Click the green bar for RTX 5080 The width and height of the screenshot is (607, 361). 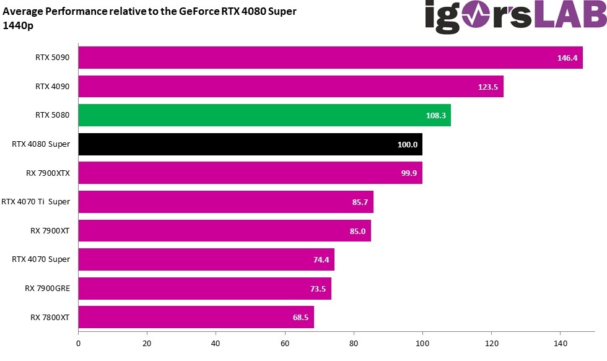pyautogui.click(x=264, y=115)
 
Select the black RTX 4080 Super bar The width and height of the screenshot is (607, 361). pyautogui.click(x=250, y=144)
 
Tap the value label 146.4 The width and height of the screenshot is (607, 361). pyautogui.click(x=567, y=58)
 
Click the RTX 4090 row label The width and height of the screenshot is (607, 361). pyautogui.click(x=52, y=87)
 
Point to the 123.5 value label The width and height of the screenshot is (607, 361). pyautogui.click(x=488, y=87)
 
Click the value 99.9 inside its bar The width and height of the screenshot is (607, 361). pyautogui.click(x=409, y=173)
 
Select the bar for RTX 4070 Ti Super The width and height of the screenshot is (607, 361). pyautogui.click(x=225, y=202)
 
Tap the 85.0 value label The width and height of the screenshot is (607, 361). pyautogui.click(x=357, y=231)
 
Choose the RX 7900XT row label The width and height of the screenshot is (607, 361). pyautogui.click(x=50, y=230)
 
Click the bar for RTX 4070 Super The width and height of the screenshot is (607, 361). pyautogui.click(x=206, y=259)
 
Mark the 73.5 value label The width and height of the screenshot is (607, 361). pyautogui.click(x=318, y=289)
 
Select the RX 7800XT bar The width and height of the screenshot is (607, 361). pyautogui.click(x=196, y=317)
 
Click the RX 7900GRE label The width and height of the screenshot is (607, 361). pyautogui.click(x=47, y=288)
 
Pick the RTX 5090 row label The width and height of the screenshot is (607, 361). pyautogui.click(x=52, y=58)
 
